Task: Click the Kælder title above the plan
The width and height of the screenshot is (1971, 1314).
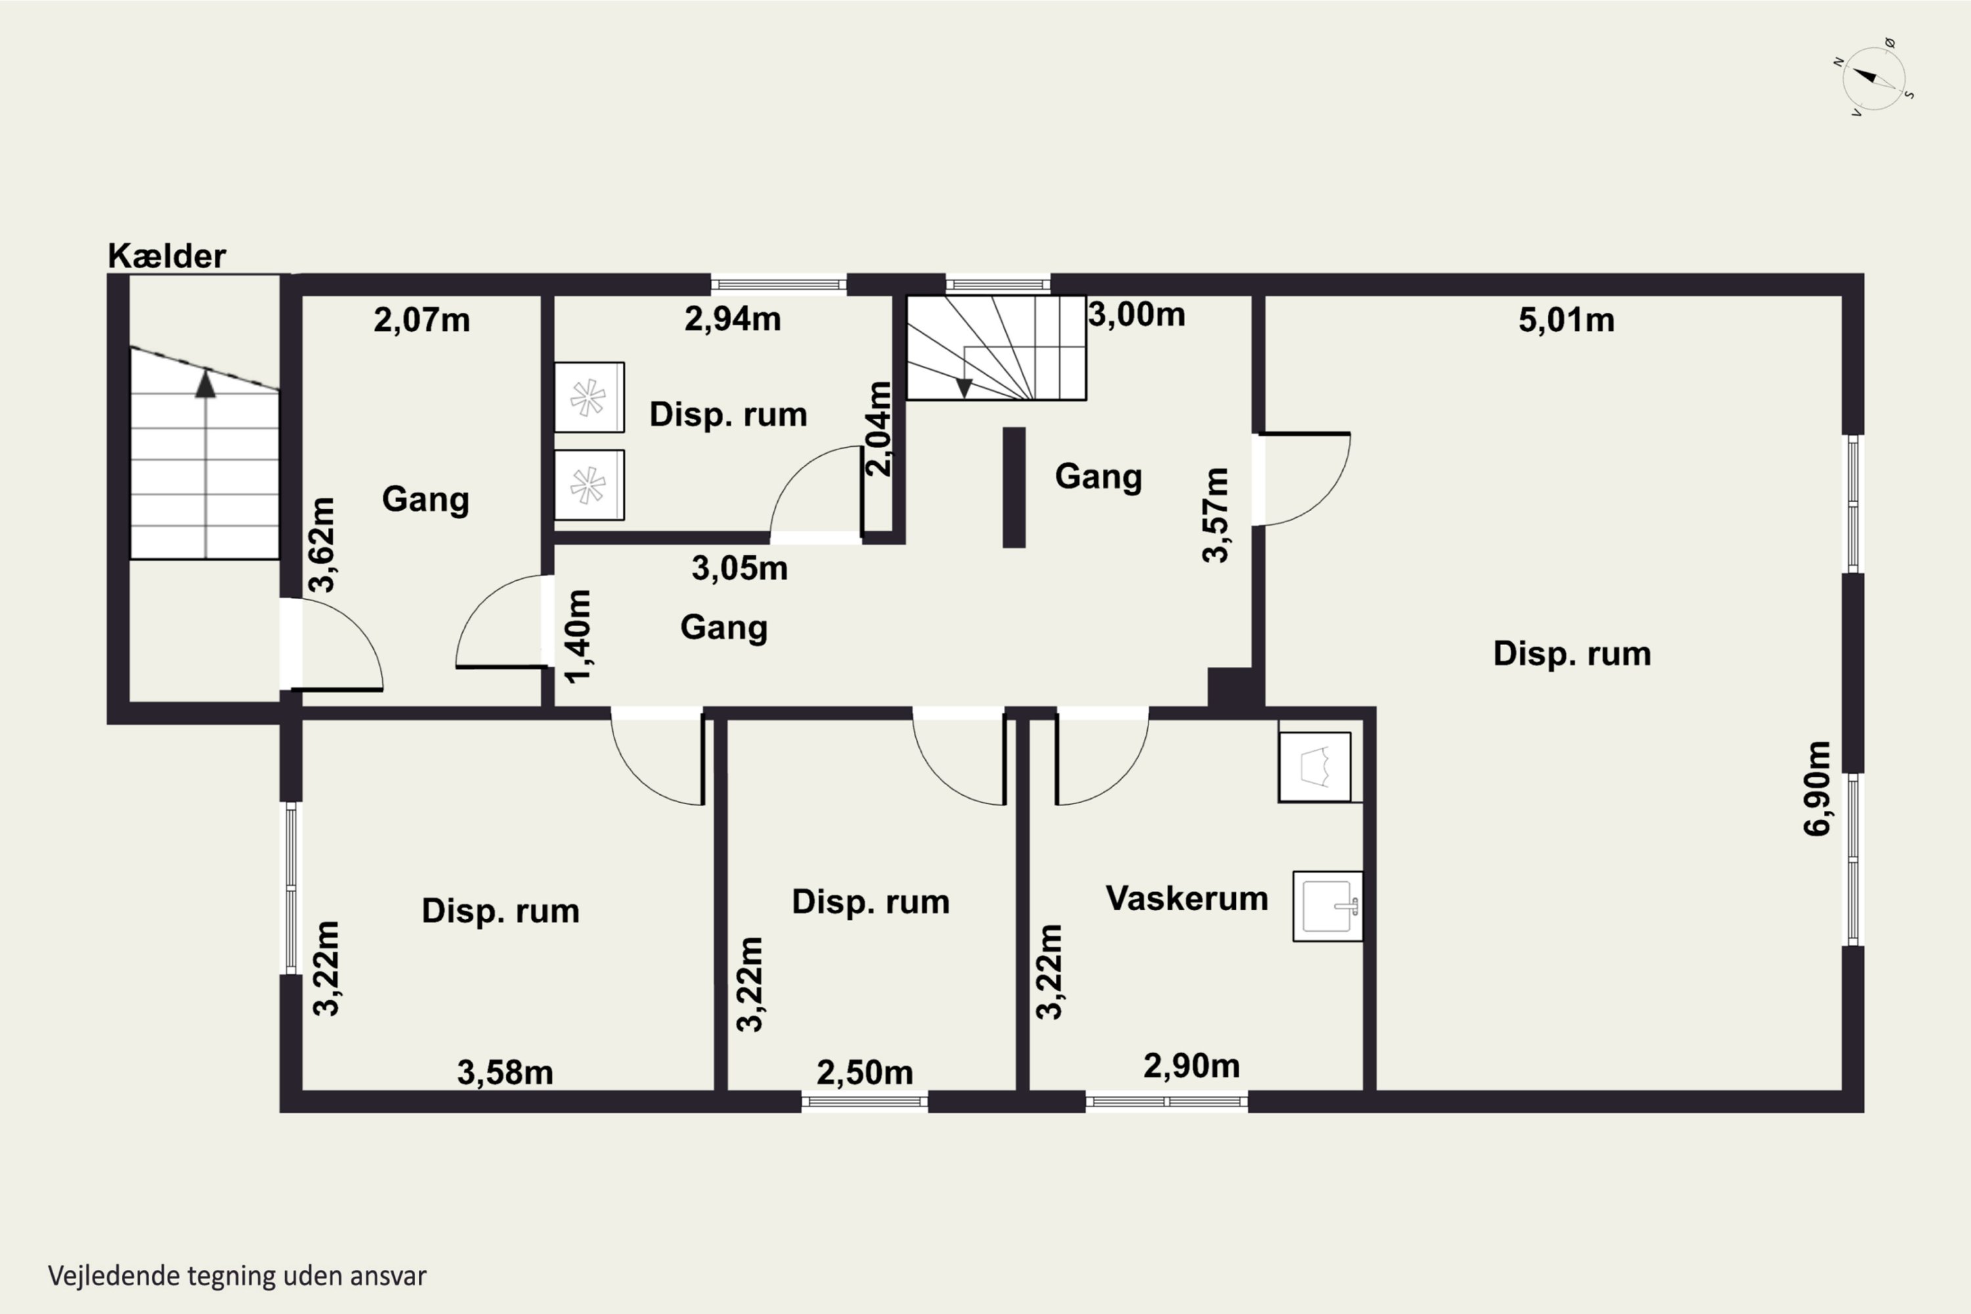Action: [167, 256]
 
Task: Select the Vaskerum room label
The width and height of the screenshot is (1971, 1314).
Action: [1187, 897]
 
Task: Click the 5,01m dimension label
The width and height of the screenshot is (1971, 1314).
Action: [1566, 320]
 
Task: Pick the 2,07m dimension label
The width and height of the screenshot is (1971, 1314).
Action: [422, 320]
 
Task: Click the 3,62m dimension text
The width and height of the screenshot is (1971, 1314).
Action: [323, 545]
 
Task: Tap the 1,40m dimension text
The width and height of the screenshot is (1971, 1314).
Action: [578, 636]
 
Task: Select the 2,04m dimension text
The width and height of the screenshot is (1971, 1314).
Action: [879, 429]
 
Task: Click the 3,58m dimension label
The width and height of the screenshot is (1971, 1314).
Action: [505, 1073]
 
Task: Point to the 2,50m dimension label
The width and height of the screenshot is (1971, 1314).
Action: [865, 1073]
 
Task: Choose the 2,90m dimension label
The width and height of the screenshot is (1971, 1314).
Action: [1192, 1066]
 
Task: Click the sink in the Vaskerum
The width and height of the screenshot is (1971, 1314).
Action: [1327, 906]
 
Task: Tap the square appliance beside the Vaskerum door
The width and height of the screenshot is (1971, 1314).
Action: [1314, 767]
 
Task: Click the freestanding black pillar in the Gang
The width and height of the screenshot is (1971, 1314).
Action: [1014, 487]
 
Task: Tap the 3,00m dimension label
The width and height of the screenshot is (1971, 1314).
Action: [1137, 315]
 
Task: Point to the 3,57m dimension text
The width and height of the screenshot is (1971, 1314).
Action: [1216, 514]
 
